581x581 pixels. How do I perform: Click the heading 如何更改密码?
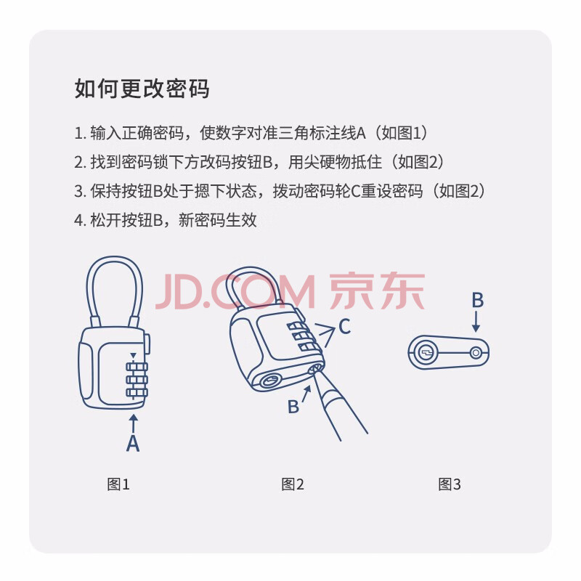pos(142,89)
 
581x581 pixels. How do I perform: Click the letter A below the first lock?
pos(133,443)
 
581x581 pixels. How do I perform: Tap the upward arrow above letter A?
pos(133,423)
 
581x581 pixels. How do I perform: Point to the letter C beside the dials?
pos(344,327)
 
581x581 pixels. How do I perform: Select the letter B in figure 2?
pos(293,407)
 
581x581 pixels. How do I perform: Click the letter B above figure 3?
pos(478,300)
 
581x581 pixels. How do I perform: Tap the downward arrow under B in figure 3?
pos(476,322)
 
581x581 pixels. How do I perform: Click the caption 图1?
pos(118,484)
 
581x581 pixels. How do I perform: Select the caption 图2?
pos(293,484)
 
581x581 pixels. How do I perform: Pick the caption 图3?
pos(449,484)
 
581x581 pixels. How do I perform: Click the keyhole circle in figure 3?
pos(426,352)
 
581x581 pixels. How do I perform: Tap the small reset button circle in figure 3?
pos(476,353)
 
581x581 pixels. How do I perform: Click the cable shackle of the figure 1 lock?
pos(89,289)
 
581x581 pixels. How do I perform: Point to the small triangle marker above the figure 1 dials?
pos(133,356)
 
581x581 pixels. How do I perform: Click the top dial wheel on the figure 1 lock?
pos(137,367)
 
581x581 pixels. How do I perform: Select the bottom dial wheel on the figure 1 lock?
pos(137,393)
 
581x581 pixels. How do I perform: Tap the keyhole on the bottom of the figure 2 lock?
pos(270,381)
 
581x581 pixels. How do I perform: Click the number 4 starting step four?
pos(78,221)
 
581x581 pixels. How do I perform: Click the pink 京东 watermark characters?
pos(377,291)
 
